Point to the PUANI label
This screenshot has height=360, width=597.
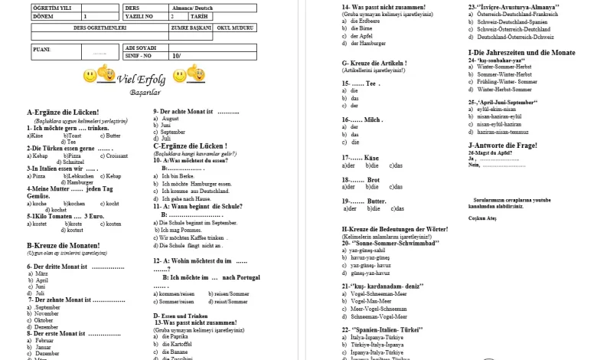point(42,47)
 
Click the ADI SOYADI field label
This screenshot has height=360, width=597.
point(139,47)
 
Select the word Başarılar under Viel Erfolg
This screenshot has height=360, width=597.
point(145,92)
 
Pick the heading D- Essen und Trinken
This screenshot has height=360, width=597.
point(181,315)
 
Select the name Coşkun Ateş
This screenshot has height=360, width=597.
point(482,218)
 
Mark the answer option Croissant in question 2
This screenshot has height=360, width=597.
point(117,155)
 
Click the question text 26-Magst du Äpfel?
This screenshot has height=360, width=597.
point(490,152)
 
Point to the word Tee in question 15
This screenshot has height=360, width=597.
point(373,83)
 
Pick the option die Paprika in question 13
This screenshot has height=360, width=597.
point(178,336)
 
